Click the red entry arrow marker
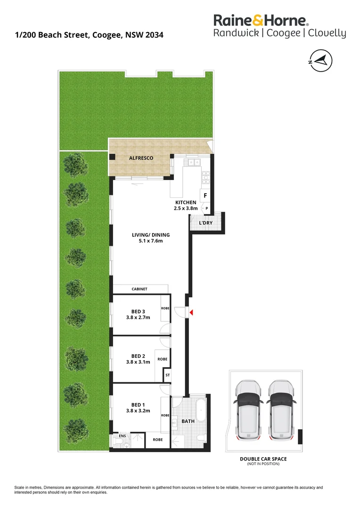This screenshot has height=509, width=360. coord(191,312)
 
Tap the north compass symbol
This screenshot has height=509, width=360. coord(320,61)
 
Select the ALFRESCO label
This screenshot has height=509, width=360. coord(141,158)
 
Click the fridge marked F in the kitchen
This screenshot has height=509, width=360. coord(205,196)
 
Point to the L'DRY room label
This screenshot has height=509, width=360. coord(206,223)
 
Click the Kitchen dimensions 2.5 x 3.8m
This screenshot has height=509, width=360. coord(186,208)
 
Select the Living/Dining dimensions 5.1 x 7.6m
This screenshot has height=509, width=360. coord(151,241)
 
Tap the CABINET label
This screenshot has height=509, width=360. coord(139,289)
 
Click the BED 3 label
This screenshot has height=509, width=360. coord(138,312)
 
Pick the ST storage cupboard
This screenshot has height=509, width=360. coord(167,375)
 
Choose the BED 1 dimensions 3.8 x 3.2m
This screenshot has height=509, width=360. coord(138,410)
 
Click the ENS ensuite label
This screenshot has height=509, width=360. coord(122,436)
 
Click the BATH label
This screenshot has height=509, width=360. coord(188,421)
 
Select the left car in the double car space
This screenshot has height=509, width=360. coord(248,410)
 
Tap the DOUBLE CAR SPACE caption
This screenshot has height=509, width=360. coord(263,459)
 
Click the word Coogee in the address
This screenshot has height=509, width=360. coord(107,35)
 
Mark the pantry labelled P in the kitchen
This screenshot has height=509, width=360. coord(206,208)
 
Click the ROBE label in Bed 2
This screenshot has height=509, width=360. coord(162,359)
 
